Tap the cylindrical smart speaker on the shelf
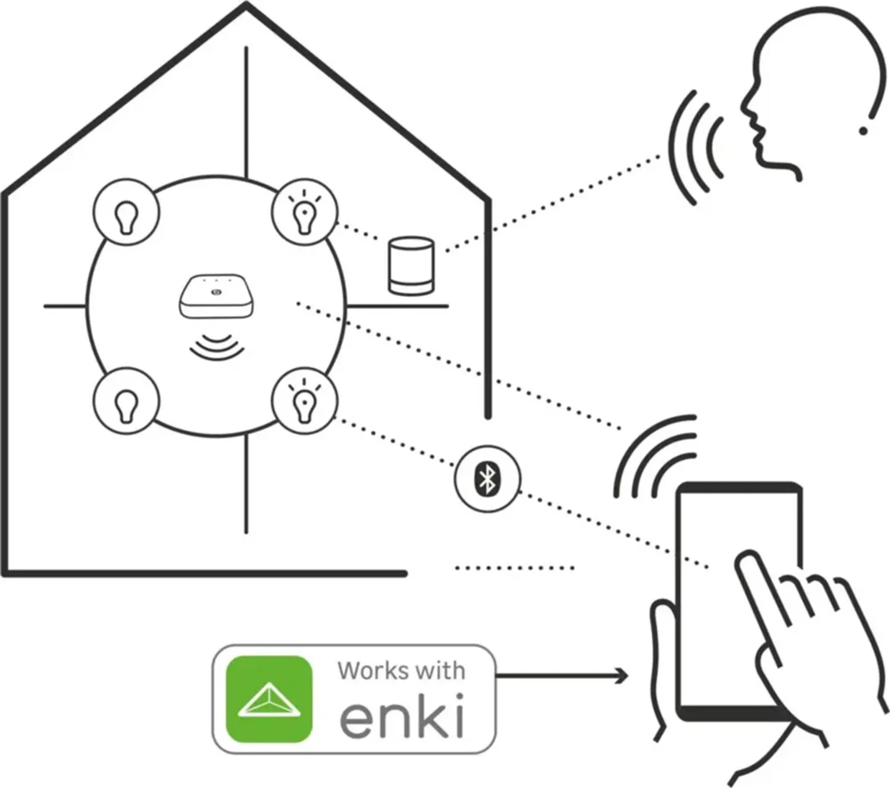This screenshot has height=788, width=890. [411, 266]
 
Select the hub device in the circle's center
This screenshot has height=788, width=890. [215, 296]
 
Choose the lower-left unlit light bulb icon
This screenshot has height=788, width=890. [126, 401]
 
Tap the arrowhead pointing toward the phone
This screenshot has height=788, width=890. [623, 676]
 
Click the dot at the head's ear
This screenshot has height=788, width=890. [864, 130]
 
